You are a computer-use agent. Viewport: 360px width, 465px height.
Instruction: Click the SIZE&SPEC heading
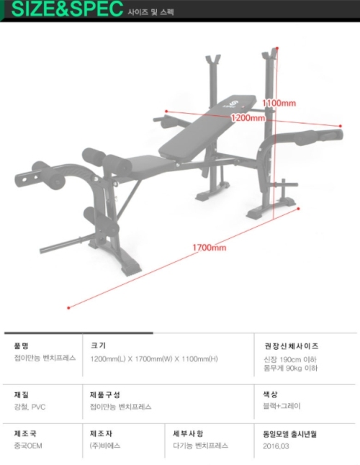click(67, 9)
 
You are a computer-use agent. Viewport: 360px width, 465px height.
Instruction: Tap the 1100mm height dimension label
click(279, 103)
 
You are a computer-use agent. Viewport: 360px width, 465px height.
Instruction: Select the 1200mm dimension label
click(248, 118)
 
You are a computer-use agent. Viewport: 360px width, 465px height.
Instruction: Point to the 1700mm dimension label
click(210, 248)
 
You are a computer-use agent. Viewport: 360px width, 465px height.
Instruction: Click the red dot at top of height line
click(277, 48)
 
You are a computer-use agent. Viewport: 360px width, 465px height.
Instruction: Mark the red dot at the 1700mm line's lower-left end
click(68, 308)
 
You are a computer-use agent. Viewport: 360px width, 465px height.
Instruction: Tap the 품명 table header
click(22, 346)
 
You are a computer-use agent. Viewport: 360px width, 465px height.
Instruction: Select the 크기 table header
click(98, 346)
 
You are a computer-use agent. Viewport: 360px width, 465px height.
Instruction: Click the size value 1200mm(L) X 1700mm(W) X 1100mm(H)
click(154, 359)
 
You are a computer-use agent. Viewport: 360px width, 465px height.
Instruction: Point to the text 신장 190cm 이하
click(290, 359)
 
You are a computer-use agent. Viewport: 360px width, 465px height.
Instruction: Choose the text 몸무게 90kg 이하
click(291, 368)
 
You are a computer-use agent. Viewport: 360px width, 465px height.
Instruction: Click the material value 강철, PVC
click(30, 407)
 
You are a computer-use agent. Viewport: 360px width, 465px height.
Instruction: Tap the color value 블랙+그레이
click(282, 406)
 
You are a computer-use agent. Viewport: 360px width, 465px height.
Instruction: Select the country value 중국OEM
click(28, 446)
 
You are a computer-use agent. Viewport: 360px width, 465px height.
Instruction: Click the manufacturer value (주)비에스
click(105, 446)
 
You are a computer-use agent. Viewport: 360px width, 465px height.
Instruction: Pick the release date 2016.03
click(276, 446)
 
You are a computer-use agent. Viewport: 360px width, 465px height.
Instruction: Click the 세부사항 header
click(189, 433)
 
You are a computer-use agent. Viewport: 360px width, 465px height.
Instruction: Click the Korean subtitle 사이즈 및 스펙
click(150, 12)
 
